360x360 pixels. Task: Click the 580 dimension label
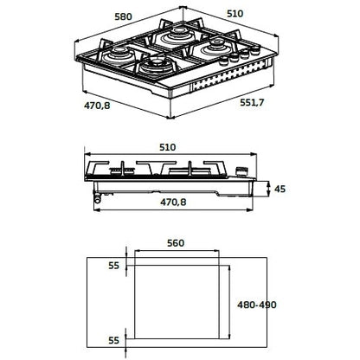coord(123,16)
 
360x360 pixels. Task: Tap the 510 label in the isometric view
coord(235,14)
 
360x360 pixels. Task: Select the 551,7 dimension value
coord(252,102)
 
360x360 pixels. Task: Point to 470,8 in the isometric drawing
coord(97,106)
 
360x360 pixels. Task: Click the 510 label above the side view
coord(167,147)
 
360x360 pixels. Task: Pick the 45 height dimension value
coord(280,190)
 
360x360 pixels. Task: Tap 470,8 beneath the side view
coord(173,202)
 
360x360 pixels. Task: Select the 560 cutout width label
coord(176,243)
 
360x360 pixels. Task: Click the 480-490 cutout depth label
coord(256,305)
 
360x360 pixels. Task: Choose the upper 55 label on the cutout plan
coord(113,266)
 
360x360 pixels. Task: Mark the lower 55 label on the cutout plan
coord(113,340)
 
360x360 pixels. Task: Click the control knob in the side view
coord(241,171)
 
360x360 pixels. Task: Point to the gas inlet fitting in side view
coord(98,198)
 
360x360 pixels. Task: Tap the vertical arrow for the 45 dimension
coord(268,189)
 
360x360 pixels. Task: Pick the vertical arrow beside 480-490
coord(229,302)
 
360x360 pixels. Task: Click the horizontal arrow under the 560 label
coord(177,251)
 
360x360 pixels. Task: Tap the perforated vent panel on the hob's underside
coord(228,77)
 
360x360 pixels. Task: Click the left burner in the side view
coord(122,170)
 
